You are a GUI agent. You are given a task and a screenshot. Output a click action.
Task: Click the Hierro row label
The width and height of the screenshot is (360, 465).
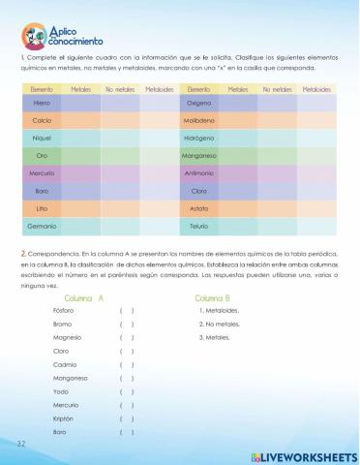pyautogui.click(x=42, y=103)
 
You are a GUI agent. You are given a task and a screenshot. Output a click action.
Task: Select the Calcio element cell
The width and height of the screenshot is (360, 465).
pyautogui.click(x=42, y=120)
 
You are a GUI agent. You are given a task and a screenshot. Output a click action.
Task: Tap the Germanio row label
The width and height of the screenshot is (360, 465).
pyautogui.click(x=42, y=226)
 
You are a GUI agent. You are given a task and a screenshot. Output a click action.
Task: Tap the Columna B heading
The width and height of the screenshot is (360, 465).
pyautogui.click(x=213, y=297)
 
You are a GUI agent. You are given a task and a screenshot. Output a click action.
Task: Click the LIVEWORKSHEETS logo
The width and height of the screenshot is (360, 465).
pyautogui.click(x=303, y=454)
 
